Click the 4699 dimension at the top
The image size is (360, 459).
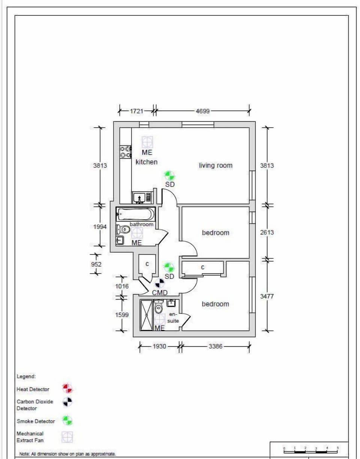(202, 111)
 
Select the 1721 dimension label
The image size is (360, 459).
(136, 111)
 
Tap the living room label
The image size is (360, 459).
(216, 165)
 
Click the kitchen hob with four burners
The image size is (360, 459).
(125, 152)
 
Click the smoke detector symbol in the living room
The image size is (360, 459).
(169, 175)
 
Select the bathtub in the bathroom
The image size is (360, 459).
(135, 214)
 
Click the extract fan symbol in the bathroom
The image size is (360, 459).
(137, 233)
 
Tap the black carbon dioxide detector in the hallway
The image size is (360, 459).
(160, 283)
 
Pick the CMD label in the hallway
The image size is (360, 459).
(160, 293)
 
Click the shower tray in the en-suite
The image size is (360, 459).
(146, 315)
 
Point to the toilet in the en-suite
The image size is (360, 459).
(159, 307)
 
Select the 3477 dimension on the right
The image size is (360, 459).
(267, 296)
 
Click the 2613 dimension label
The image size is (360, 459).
(267, 232)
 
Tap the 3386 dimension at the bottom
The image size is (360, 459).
(215, 346)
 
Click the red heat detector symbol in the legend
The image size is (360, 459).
(67, 388)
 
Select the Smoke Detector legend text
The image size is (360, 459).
(36, 421)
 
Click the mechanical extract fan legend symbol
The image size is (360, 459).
(67, 436)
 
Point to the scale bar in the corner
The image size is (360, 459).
(311, 450)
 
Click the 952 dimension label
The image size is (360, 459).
(97, 264)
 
